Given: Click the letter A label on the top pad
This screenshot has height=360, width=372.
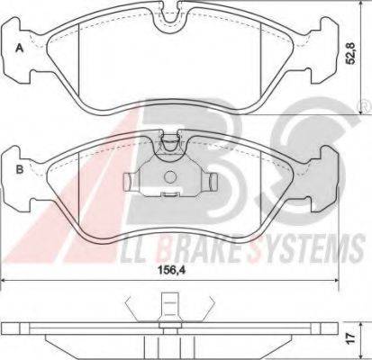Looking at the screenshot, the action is [x=19, y=48].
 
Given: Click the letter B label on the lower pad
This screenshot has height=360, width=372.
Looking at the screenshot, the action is [x=20, y=169].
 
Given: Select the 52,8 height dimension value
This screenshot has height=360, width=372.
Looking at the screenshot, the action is [x=350, y=53].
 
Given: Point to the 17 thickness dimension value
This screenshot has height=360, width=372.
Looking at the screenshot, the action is [x=351, y=337].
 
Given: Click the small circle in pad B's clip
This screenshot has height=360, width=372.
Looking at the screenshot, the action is [x=170, y=176].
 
